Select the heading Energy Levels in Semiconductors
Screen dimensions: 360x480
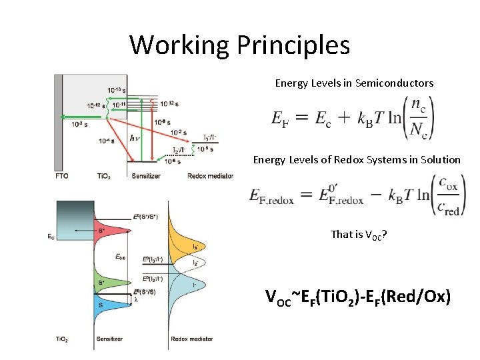(354, 83)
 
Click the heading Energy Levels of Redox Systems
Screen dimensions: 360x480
(357, 159)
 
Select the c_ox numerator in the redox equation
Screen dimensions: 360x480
(448, 183)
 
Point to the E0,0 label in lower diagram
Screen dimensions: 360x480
(121, 256)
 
